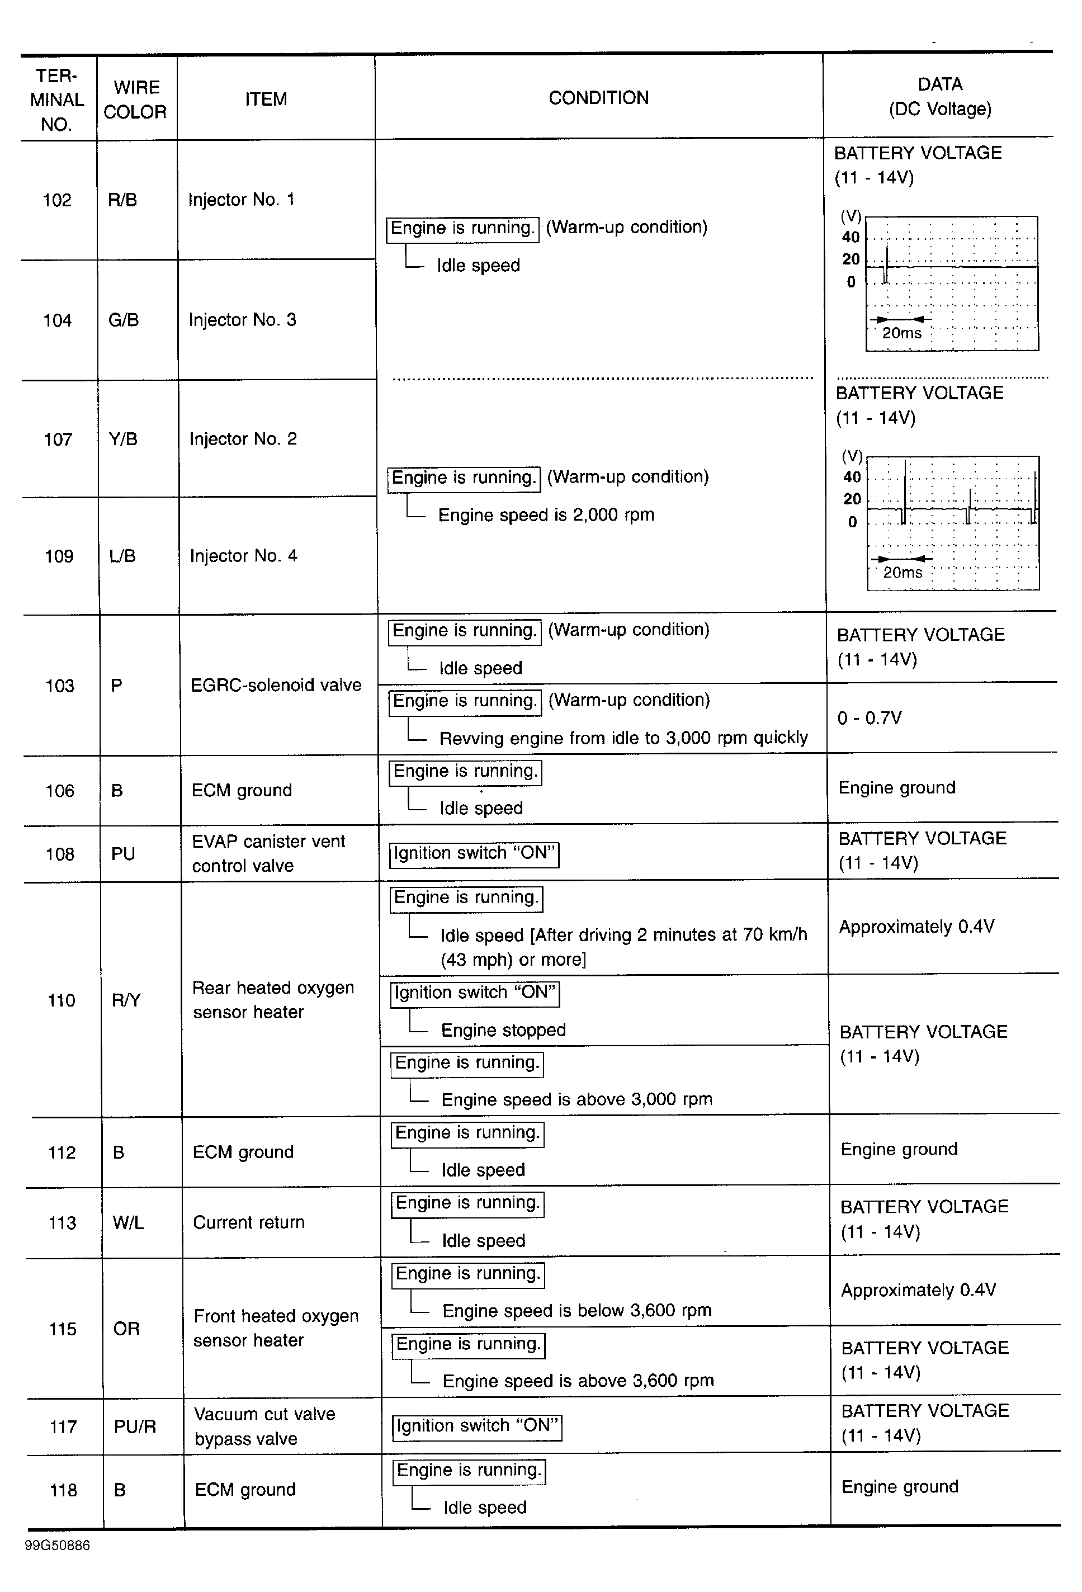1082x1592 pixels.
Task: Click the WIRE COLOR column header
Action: [x=135, y=100]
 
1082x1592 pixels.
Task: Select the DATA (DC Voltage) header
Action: [x=939, y=97]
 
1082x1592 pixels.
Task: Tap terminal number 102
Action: [x=57, y=200]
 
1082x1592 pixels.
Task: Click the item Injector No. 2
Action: [x=243, y=439]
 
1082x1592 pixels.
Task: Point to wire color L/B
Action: [x=122, y=556]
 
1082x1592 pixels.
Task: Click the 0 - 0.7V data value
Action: [x=869, y=718]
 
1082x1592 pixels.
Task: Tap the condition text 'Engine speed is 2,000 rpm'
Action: [x=546, y=514]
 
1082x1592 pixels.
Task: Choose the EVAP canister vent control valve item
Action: [x=268, y=853]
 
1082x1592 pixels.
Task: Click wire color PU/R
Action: [x=135, y=1427]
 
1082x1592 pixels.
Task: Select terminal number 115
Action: [x=62, y=1329]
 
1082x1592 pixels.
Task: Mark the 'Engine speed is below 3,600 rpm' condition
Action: [x=577, y=1311]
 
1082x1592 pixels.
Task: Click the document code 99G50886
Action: [x=58, y=1546]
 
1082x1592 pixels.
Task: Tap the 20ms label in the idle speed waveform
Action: [x=901, y=334]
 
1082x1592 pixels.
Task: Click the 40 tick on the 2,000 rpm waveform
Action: [x=852, y=477]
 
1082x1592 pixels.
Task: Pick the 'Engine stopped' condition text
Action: [x=503, y=1030]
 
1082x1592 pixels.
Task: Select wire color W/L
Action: [x=128, y=1223]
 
